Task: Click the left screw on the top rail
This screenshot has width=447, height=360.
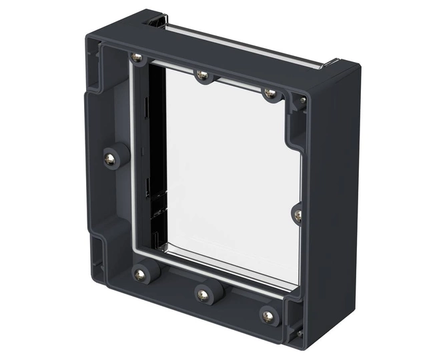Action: click(137, 58)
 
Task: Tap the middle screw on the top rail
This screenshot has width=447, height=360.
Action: click(202, 75)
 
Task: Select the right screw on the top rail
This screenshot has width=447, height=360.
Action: click(269, 93)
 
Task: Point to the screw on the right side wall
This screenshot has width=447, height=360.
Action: click(298, 215)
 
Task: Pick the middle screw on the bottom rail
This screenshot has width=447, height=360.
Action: click(201, 293)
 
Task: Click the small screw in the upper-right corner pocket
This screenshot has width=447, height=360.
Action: click(302, 101)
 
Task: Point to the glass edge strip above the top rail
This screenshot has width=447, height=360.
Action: click(240, 43)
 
